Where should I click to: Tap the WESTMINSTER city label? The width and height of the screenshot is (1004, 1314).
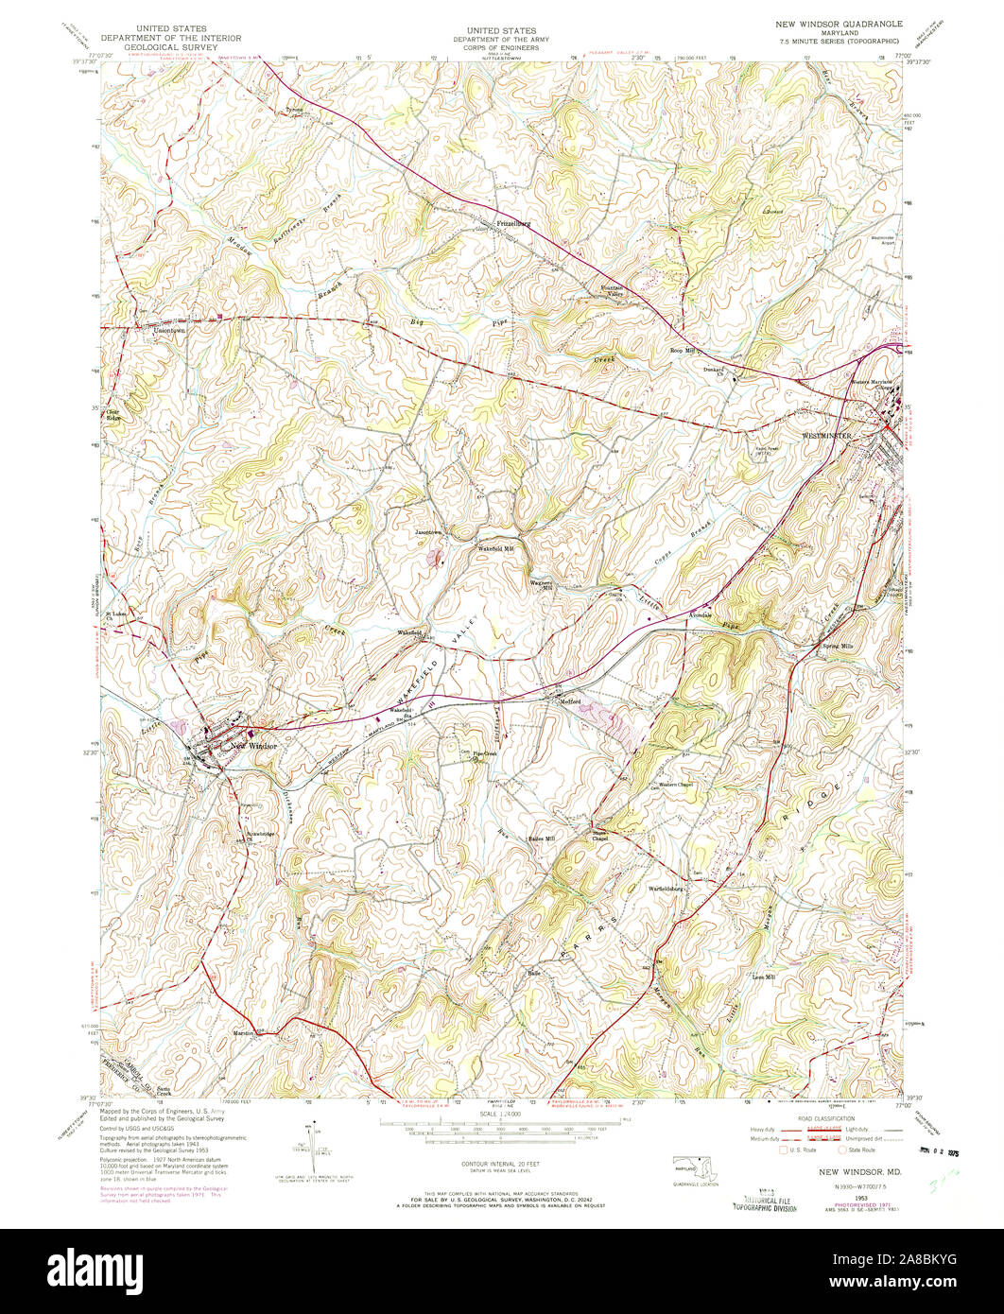(x=828, y=436)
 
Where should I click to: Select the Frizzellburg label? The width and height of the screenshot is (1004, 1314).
(x=514, y=224)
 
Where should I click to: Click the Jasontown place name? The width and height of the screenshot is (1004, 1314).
(x=429, y=532)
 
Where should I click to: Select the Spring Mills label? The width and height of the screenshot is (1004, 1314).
(x=837, y=645)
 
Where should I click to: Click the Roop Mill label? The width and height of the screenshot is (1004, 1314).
(x=683, y=350)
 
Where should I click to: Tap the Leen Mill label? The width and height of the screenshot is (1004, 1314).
(x=763, y=977)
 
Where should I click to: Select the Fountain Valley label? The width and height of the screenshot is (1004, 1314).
(x=607, y=291)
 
